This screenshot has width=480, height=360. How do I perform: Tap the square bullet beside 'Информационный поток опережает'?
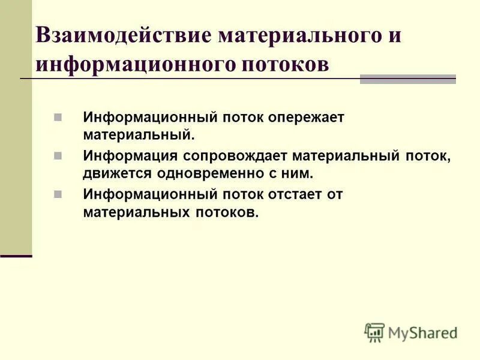(58, 116)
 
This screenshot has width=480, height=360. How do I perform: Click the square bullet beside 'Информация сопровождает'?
(58, 156)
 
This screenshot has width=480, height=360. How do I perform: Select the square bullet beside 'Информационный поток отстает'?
(58, 194)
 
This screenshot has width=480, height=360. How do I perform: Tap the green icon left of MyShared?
(374, 332)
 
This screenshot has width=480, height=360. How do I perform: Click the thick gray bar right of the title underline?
(407, 79)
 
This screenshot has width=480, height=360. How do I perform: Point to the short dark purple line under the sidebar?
(16, 256)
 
